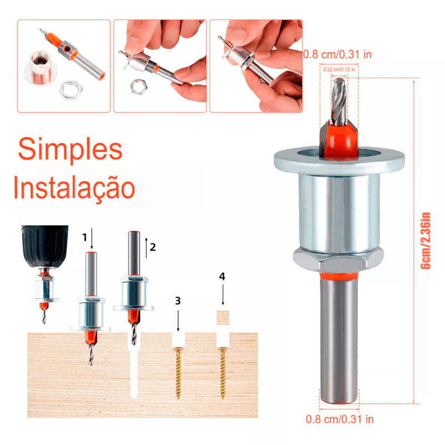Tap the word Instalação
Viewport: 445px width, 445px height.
click(x=74, y=187)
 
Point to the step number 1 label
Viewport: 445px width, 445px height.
click(x=85, y=238)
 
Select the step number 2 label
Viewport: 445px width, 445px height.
click(x=152, y=247)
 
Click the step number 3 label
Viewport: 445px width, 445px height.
click(x=178, y=300)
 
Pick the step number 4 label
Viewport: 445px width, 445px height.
click(x=222, y=276)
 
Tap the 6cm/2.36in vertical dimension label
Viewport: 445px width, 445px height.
click(x=426, y=241)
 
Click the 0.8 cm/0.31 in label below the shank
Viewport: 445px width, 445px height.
click(x=340, y=419)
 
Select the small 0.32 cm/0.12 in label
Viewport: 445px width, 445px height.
click(x=339, y=69)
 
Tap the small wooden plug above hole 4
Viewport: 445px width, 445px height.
click(x=223, y=318)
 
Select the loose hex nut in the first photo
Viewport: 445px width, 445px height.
click(x=71, y=90)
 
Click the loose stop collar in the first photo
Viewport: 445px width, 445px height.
click(x=41, y=67)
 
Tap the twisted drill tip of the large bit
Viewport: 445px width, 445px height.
click(x=339, y=102)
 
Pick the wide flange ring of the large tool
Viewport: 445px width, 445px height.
click(x=339, y=160)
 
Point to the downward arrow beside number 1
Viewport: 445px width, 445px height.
click(x=91, y=239)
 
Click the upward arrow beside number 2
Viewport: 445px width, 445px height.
click(x=146, y=248)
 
